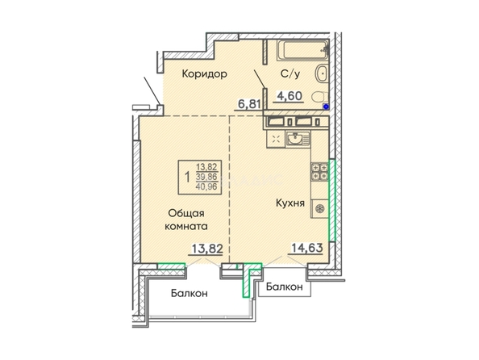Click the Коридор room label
[x=204, y=74]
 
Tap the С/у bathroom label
[x=290, y=74]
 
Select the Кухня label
[x=290, y=203]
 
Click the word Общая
[x=186, y=213]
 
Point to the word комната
[x=186, y=227]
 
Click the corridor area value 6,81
[x=249, y=104]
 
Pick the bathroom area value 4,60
[x=289, y=96]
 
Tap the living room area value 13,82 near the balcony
[x=207, y=249]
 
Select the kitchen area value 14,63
[x=307, y=248]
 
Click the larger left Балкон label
[x=190, y=293]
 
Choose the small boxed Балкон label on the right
[x=285, y=287]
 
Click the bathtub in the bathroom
[x=302, y=51]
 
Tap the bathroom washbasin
[x=322, y=73]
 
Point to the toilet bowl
[x=319, y=97]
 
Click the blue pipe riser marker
[x=326, y=107]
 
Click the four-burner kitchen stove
[x=320, y=172]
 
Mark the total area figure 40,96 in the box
[x=206, y=186]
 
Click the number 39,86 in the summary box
[x=206, y=177]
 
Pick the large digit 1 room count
[x=187, y=177]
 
